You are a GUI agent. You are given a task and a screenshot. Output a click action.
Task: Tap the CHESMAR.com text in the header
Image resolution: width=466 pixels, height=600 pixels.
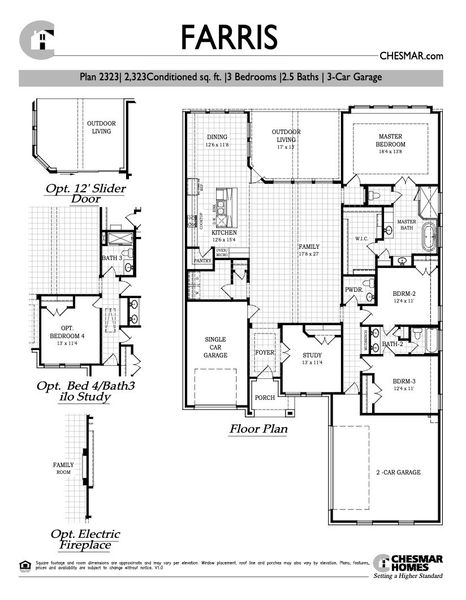[410, 58]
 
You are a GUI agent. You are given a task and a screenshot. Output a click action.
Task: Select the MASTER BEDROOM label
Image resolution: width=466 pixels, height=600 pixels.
[389, 140]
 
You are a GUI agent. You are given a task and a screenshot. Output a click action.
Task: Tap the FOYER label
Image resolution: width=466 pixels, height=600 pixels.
[264, 353]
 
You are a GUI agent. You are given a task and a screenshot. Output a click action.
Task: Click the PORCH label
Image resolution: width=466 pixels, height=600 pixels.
[265, 397]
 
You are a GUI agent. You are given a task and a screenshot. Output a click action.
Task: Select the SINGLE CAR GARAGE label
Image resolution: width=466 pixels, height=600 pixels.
[217, 346]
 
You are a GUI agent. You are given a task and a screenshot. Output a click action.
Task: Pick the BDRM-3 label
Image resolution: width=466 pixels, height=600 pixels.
[403, 384]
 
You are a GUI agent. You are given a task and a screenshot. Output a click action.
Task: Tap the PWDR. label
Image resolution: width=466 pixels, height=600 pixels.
[353, 291]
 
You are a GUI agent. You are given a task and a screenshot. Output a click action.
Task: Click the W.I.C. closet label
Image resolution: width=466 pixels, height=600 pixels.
[362, 239]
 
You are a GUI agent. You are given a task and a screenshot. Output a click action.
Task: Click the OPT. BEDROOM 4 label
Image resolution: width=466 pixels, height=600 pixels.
[68, 333]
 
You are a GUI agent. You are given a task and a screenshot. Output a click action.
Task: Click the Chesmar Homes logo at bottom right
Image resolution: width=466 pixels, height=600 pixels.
[410, 566]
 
